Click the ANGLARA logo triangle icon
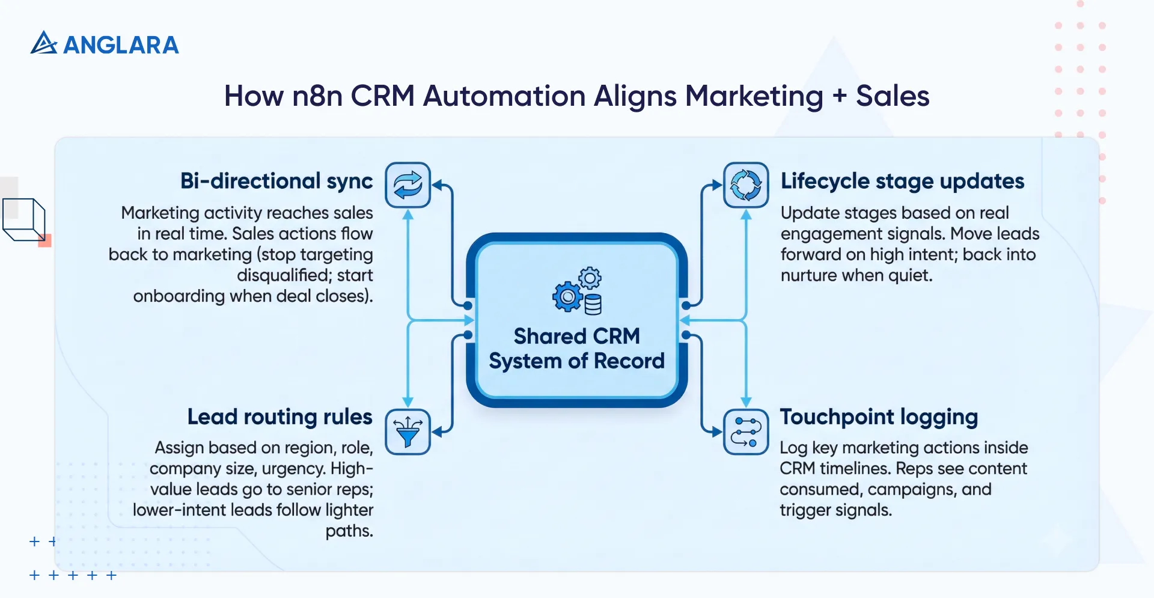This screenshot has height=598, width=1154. point(43,43)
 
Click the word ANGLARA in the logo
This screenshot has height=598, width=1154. point(121,45)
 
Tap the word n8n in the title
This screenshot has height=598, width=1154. point(317,96)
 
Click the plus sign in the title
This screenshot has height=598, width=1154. point(839,96)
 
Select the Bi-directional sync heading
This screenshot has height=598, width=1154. point(276,181)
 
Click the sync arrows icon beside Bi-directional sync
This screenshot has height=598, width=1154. point(408,185)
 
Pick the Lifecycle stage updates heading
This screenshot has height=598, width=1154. point(902,181)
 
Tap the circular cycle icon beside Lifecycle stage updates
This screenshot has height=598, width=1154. point(746,185)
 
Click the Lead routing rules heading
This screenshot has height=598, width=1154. point(279,416)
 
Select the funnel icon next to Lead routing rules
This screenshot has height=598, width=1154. point(408,432)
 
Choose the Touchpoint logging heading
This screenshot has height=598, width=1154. point(879,416)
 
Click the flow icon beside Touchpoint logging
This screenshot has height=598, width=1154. point(746,432)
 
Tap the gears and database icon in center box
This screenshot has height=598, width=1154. point(578,291)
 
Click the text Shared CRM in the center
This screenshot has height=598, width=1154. point(576,336)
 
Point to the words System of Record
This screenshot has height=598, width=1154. point(576,361)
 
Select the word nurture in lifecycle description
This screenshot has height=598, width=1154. point(808,275)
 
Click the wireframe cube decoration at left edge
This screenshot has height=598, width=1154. point(24,219)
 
